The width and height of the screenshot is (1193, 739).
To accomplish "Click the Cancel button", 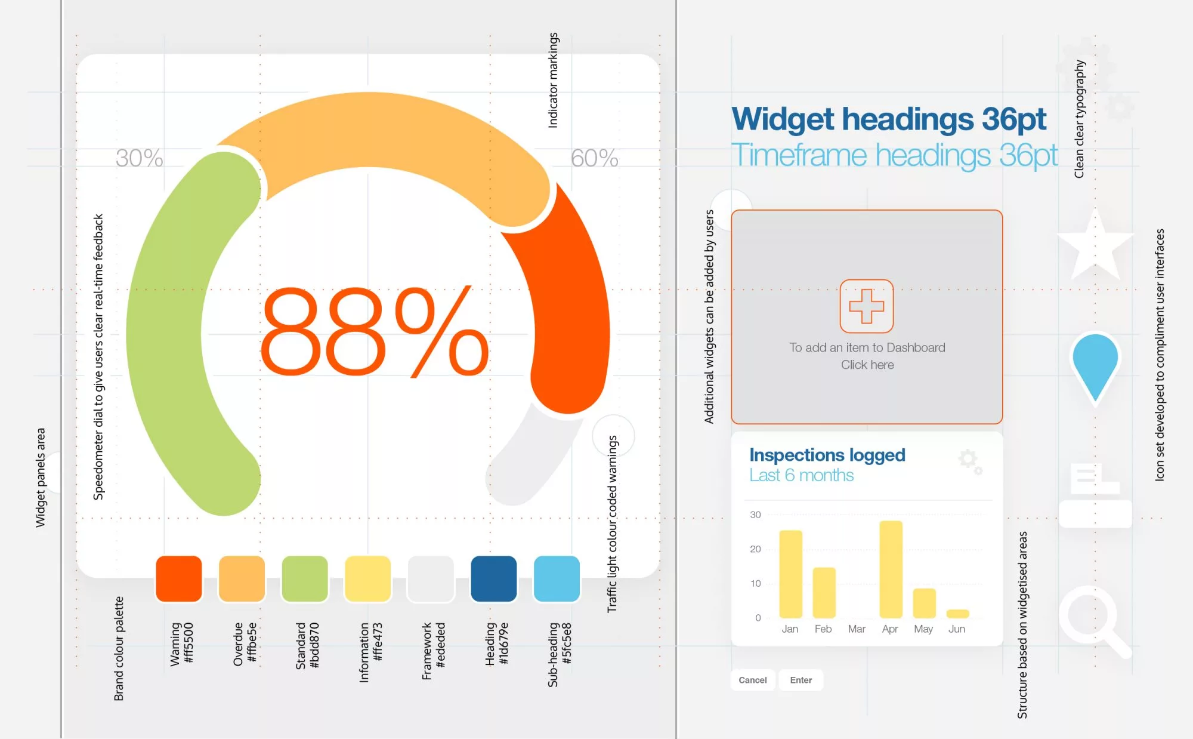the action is coord(753,680).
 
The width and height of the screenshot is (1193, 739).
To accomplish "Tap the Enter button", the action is coord(801,680).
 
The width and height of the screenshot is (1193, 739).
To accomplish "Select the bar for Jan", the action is coord(790,574).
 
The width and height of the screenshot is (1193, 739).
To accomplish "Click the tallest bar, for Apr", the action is coord(891,569).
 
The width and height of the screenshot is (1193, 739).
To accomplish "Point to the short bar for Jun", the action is coord(957,614).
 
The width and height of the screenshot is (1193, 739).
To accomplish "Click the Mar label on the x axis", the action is coord(857,629).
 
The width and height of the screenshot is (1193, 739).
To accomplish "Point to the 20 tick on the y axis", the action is coord(755,549).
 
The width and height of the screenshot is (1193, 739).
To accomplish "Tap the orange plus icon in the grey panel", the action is coord(867,306).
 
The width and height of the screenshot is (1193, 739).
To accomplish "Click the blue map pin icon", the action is coord(1095,367).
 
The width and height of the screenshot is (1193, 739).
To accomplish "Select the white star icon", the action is coord(1095,246).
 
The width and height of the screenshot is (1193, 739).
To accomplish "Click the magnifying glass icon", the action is coord(1094,621).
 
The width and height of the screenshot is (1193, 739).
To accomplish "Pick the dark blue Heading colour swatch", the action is coord(493,578).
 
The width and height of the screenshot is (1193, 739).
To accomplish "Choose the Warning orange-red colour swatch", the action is coord(179,578).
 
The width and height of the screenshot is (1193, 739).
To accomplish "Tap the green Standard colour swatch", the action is coord(305,578).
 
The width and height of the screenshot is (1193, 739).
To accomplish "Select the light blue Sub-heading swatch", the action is coord(557,578).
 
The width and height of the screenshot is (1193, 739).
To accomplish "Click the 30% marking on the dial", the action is coord(139,158).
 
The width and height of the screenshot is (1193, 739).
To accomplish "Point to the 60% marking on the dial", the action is coord(594,158).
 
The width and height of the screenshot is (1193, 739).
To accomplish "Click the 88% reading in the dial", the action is coord(375,332).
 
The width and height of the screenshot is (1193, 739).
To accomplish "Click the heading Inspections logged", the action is coord(827,455).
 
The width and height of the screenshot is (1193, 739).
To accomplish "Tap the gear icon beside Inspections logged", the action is coord(970,461).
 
